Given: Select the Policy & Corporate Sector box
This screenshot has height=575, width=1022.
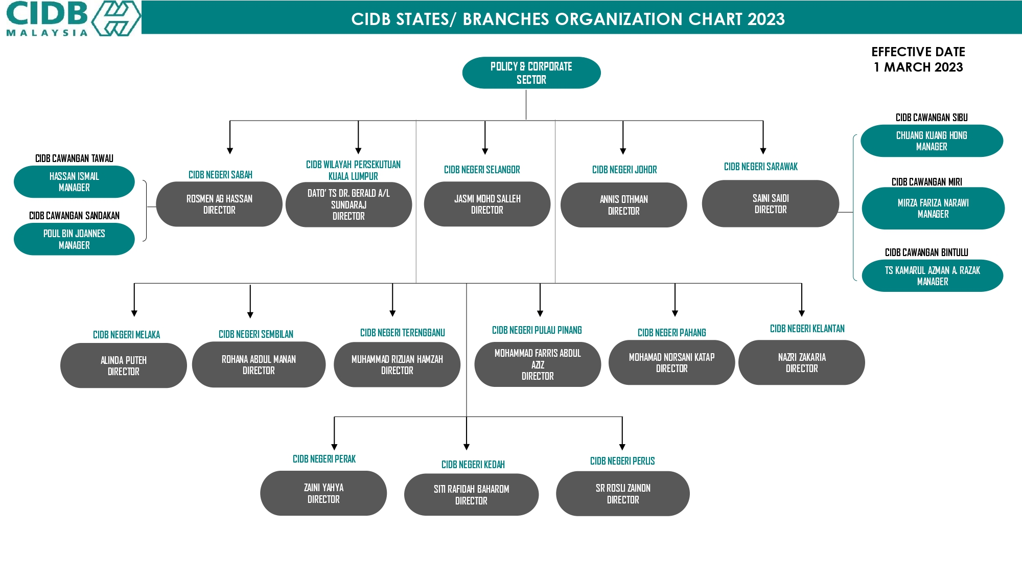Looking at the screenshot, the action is (x=531, y=73).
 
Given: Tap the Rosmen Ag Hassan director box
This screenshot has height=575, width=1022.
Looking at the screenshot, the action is (x=219, y=204).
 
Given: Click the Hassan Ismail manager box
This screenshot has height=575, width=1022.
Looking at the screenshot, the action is (x=74, y=181).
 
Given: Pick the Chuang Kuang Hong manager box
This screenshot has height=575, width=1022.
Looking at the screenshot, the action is (x=932, y=141).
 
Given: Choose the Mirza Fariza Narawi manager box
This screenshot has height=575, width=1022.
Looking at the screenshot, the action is (x=933, y=209).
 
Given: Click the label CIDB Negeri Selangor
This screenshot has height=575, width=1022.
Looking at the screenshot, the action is (x=482, y=170).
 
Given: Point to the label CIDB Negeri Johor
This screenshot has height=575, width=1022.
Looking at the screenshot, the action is (x=624, y=170).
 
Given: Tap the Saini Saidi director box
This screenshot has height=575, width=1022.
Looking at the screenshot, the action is (x=771, y=203).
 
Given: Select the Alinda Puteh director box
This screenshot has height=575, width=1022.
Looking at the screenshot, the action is (x=124, y=365).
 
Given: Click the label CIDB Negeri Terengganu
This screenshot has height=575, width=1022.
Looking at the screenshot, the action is (x=403, y=333).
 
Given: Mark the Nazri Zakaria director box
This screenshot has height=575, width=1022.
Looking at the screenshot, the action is (x=802, y=362).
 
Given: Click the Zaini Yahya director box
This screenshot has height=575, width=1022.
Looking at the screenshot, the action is (x=323, y=493).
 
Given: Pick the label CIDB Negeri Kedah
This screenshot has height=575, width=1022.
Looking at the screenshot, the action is (x=473, y=465).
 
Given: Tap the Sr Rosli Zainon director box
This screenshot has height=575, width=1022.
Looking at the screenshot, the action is (x=623, y=494).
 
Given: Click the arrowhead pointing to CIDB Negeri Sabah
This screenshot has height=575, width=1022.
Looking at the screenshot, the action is (x=230, y=151).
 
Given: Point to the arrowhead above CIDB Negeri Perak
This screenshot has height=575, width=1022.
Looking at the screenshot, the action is (x=335, y=447).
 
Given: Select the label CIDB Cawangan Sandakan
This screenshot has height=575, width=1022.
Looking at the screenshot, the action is (x=74, y=216).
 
